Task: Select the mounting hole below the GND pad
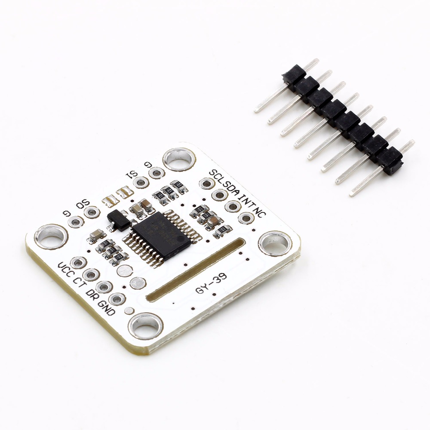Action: [x=146, y=326]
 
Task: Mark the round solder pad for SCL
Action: [x=206, y=184]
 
